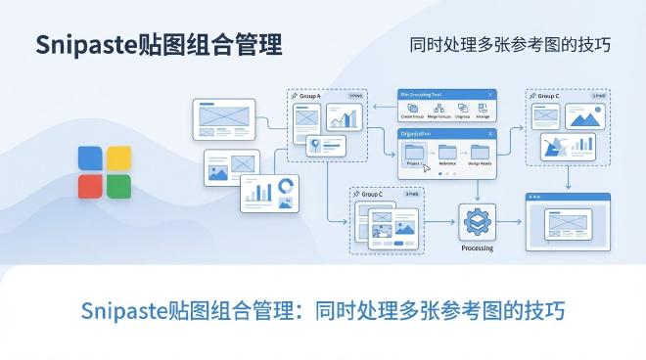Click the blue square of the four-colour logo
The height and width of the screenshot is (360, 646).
pyautogui.click(x=91, y=159)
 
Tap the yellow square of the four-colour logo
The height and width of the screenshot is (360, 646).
pyautogui.click(x=118, y=159)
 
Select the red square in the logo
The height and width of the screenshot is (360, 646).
pyautogui.click(x=91, y=186)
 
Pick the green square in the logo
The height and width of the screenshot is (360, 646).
pyautogui.click(x=118, y=186)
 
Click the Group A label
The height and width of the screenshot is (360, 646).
pyautogui.click(x=311, y=96)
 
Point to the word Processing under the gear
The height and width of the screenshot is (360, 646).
pyautogui.click(x=477, y=247)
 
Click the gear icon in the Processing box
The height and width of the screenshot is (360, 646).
pyautogui.click(x=477, y=220)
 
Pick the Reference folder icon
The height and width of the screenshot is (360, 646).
pyautogui.click(x=447, y=152)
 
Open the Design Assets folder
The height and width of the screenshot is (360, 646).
pyautogui.click(x=480, y=152)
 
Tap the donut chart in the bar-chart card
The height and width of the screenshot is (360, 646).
pyautogui.click(x=287, y=186)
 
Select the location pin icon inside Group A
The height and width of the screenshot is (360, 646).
pyautogui.click(x=314, y=146)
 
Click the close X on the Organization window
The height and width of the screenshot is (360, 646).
pyautogui.click(x=490, y=132)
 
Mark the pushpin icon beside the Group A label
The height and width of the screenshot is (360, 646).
pyautogui.click(x=295, y=96)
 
